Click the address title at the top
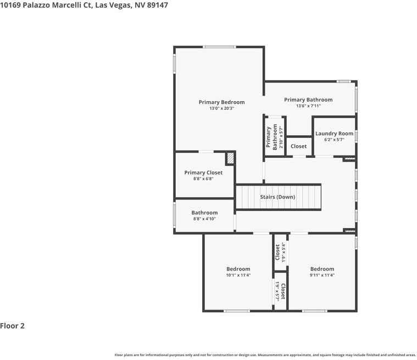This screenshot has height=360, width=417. click(x=84, y=5)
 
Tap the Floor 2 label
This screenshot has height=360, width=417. click(x=13, y=325)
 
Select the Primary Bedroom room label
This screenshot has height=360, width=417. click(x=221, y=102)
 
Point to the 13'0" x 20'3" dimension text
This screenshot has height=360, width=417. click(x=221, y=109)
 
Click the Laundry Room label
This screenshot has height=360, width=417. click(x=334, y=134)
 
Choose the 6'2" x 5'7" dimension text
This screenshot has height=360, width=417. click(x=334, y=140)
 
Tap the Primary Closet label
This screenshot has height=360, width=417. click(x=203, y=173)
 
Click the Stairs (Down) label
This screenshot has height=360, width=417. click(x=277, y=197)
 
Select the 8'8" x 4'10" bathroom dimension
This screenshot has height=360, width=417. click(x=204, y=219)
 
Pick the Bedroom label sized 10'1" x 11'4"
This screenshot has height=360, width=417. click(x=238, y=269)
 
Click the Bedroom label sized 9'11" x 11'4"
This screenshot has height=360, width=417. click(x=321, y=269)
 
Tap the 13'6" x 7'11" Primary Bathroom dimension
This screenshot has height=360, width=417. click(x=308, y=106)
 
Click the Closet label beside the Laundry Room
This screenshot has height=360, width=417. click(x=298, y=146)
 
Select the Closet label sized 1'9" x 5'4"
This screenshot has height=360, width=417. click(x=277, y=252)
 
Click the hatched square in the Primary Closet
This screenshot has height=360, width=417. click(x=231, y=158)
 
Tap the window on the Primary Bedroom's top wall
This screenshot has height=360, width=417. click(x=220, y=47)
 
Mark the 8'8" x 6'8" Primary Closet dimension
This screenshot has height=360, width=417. click(x=203, y=179)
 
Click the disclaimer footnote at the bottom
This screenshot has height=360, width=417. click(x=265, y=355)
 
